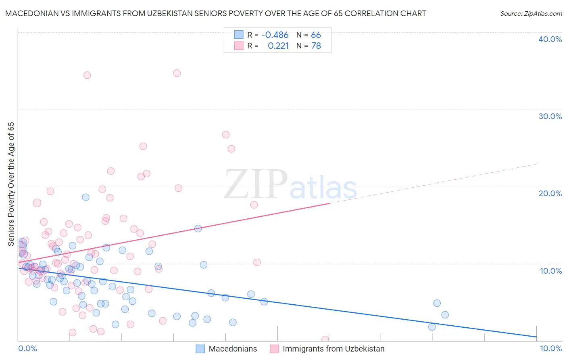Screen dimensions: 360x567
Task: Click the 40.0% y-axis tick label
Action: coord(550,39)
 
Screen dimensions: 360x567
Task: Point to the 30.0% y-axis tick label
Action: coord(550,116)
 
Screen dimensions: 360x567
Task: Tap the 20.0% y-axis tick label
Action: coord(550,193)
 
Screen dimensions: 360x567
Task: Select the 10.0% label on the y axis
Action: coord(551,271)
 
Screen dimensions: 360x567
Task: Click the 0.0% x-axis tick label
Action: coord(27,348)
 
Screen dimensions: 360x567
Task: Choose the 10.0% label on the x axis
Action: coord(551,348)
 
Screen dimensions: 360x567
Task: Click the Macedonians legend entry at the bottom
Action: coord(233,349)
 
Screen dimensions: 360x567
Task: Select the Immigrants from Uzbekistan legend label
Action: coord(334,349)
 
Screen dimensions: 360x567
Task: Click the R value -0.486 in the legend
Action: coord(275,35)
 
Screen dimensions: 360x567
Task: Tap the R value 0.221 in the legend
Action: coord(278,46)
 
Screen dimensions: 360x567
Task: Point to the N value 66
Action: coord(316,35)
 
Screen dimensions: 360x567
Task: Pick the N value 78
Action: coord(316,46)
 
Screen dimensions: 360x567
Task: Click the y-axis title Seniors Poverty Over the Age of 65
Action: coord(11,184)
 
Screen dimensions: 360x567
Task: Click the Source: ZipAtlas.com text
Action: coord(531,13)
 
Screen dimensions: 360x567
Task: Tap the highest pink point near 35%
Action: coord(177,73)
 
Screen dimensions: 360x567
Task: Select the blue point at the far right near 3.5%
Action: coord(445,315)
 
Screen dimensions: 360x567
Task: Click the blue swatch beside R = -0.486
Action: coord(239,35)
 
